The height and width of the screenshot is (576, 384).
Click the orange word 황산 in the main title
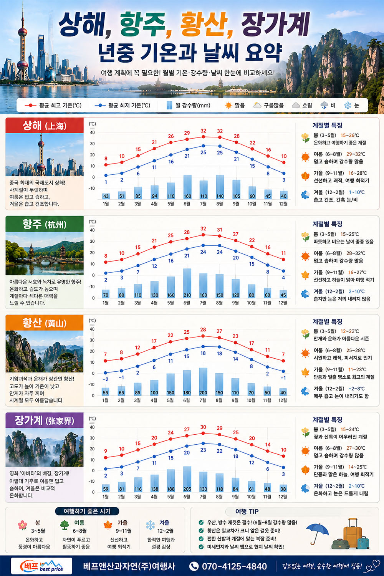point(204,24)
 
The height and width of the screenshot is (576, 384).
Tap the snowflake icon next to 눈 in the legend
point(348,105)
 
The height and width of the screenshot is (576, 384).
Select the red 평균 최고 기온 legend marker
point(31,105)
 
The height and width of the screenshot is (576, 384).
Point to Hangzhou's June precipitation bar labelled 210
point(187,283)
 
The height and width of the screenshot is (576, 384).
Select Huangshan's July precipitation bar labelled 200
point(203,382)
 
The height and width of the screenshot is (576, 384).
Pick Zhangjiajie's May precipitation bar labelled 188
point(170,481)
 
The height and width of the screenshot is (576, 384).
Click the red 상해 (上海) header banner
point(45,126)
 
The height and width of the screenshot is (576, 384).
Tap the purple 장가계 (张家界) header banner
point(45,420)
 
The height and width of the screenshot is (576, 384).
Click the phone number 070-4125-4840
point(234,566)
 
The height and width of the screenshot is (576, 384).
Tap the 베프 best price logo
point(41,566)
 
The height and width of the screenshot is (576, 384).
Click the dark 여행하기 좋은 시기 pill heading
point(87,511)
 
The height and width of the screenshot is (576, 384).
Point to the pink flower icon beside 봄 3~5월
point(22,525)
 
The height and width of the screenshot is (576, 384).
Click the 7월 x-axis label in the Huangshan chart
point(203,401)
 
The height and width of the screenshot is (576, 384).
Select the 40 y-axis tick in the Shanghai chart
point(92,133)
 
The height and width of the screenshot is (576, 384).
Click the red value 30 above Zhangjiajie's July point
point(203,427)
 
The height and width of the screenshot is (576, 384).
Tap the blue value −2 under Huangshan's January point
point(106,379)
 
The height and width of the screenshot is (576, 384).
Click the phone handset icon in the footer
point(194,566)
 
